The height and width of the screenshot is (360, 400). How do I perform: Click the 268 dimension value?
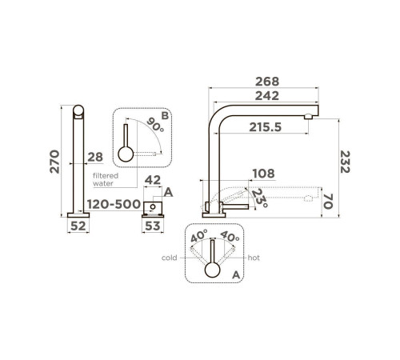(267, 82)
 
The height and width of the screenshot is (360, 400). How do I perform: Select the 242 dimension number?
(267, 96)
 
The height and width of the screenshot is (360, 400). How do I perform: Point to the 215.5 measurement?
(266, 127)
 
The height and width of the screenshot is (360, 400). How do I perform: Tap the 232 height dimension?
(345, 162)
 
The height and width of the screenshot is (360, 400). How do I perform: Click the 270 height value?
(54, 162)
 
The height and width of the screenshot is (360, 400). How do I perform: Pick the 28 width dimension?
(95, 157)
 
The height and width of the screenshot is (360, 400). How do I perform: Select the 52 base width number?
(78, 226)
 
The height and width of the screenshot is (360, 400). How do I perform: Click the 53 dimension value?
(153, 226)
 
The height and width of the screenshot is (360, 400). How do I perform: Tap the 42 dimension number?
(153, 180)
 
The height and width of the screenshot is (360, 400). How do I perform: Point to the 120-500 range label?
(114, 204)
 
